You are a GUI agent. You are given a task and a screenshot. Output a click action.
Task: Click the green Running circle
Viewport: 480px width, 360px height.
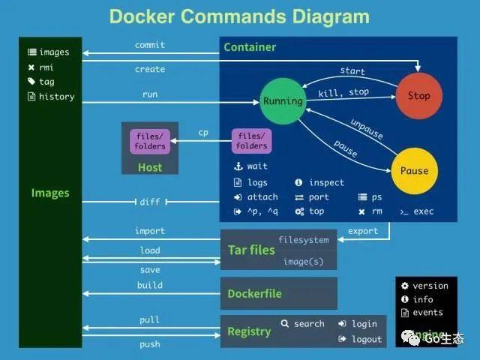click(x=283, y=100)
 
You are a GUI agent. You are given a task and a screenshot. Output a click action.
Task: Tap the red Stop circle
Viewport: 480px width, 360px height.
click(x=418, y=95)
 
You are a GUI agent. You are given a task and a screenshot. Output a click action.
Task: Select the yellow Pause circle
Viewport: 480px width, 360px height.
click(x=413, y=170)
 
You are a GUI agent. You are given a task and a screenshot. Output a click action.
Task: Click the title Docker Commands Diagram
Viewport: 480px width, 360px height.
click(x=239, y=16)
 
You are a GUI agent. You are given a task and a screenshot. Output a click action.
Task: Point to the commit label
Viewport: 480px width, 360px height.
click(x=150, y=45)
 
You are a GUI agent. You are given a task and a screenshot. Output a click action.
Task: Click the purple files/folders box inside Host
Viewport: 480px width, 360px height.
click(x=150, y=141)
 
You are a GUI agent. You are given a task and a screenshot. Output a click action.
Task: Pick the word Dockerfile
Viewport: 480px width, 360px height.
click(x=254, y=294)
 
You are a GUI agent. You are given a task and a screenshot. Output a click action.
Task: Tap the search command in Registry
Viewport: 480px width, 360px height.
click(x=303, y=324)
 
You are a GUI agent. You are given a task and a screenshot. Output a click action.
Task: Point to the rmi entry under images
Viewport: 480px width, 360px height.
click(x=46, y=67)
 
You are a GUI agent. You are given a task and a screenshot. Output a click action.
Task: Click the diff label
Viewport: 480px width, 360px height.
click(x=150, y=202)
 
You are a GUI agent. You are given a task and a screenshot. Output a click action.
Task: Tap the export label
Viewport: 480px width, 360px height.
click(x=363, y=231)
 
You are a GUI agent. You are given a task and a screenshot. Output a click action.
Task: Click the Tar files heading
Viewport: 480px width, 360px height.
click(x=251, y=250)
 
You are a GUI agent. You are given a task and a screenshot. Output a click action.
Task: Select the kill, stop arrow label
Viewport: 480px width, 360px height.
click(x=343, y=92)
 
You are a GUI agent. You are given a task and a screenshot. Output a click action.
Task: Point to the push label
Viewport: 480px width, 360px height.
click(x=150, y=344)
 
